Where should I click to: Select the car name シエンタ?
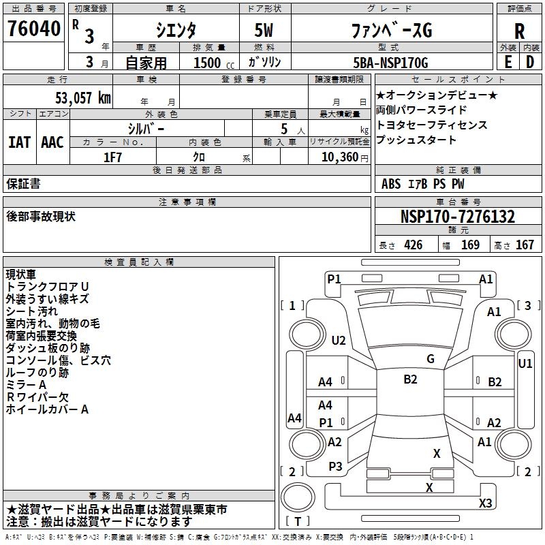176,30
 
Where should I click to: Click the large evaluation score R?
519,31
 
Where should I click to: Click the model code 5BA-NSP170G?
390,63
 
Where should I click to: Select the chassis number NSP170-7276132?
457,217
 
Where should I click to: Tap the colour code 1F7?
112,157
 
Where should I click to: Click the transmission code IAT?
19,142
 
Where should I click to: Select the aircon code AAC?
52,142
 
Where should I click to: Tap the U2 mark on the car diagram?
339,341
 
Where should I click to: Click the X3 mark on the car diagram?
485,503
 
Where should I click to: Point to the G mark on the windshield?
430,359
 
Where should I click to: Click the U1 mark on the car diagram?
525,364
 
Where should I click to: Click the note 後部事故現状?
40,217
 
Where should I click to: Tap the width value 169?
470,245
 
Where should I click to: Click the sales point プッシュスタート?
416,140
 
